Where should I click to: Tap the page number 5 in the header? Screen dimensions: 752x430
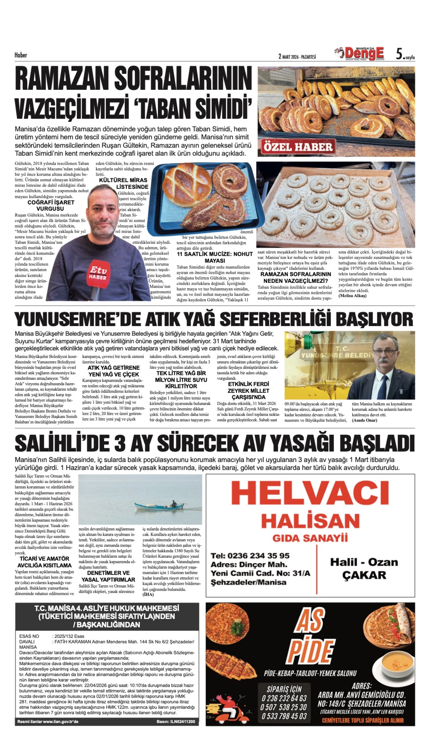399,54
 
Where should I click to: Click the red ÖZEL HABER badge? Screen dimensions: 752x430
298,147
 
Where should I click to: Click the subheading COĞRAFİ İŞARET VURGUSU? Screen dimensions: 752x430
51,205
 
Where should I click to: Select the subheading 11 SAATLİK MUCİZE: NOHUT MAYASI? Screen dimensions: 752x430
215,257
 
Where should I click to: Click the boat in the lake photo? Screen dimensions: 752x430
160,506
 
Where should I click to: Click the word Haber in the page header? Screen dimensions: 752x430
21,55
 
